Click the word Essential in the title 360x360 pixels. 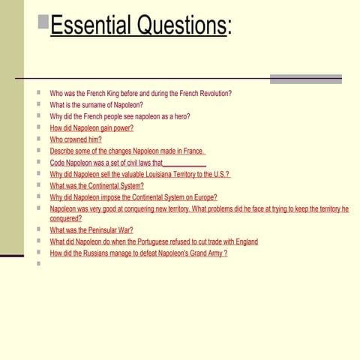point(91,26)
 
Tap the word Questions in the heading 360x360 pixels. point(179,26)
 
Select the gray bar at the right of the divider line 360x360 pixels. point(305,79)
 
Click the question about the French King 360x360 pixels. point(140,94)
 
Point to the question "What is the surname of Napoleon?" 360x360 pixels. point(96,105)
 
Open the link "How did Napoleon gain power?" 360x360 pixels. point(91,128)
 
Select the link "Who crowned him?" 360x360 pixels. point(76,139)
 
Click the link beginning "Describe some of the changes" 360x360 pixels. point(127,151)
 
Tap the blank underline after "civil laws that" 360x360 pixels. point(184,163)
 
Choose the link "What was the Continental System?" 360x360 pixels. point(97,185)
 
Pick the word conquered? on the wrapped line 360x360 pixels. point(66,218)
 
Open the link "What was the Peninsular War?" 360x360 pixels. point(91,230)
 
